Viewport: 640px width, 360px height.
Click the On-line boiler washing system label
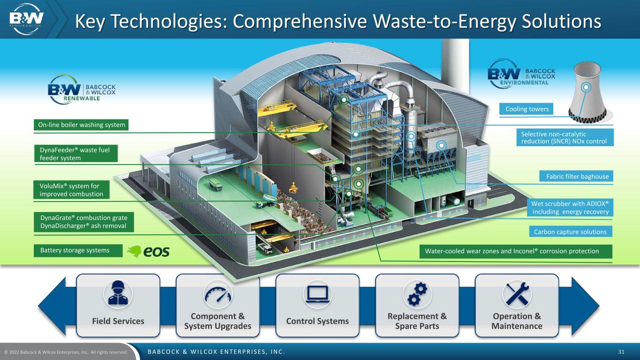tap(81, 125)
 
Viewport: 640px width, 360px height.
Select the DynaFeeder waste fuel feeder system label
tap(75, 154)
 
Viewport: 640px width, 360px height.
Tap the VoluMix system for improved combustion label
tap(71, 190)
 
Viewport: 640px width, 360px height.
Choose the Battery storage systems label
tap(78, 251)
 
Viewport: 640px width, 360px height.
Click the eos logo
tap(149, 251)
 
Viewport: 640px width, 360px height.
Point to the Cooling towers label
tap(526, 109)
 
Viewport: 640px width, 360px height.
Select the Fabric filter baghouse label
tap(576, 176)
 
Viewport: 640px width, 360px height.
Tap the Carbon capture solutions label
tap(571, 232)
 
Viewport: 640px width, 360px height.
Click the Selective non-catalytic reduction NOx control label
tap(565, 137)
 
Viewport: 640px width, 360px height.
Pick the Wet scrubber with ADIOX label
tap(570, 208)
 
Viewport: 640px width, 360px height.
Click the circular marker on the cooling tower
tap(586, 87)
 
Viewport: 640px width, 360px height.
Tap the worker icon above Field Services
tap(118, 294)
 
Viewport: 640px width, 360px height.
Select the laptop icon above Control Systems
tap(317, 294)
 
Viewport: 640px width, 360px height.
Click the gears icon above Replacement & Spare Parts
tap(417, 294)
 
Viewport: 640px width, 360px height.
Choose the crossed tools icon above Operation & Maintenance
tap(517, 294)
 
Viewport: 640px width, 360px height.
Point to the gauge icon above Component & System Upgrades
tap(218, 294)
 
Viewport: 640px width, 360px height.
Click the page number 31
tap(621, 352)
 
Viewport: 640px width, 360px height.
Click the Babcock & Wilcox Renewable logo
tap(82, 90)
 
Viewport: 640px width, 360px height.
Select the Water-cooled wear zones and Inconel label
tap(516, 251)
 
